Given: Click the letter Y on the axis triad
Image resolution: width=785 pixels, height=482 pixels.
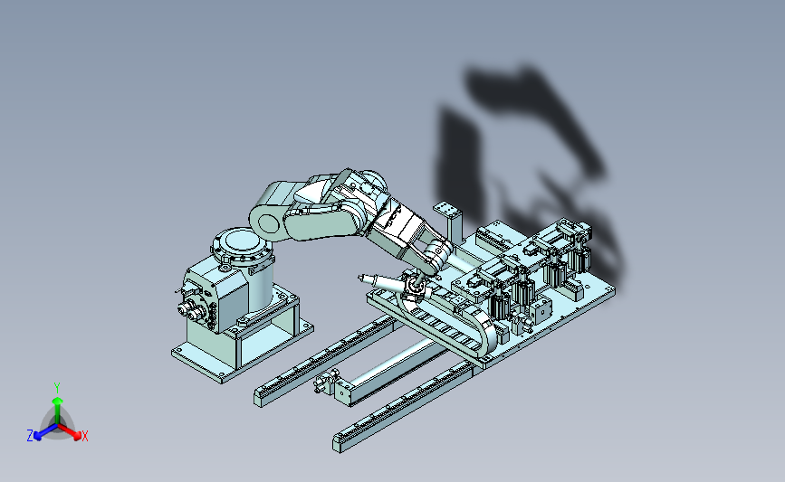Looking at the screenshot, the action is pyautogui.click(x=56, y=388).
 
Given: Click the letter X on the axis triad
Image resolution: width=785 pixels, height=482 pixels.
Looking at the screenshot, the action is pyautogui.click(x=84, y=436).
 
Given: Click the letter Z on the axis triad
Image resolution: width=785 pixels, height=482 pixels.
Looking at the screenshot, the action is pyautogui.click(x=30, y=436).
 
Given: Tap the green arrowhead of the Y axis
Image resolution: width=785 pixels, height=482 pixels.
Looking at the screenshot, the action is pyautogui.click(x=57, y=401).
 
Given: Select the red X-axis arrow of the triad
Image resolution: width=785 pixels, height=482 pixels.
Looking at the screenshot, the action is pyautogui.click(x=70, y=431).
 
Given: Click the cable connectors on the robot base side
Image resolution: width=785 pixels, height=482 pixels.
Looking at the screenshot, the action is pyautogui.click(x=192, y=308).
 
